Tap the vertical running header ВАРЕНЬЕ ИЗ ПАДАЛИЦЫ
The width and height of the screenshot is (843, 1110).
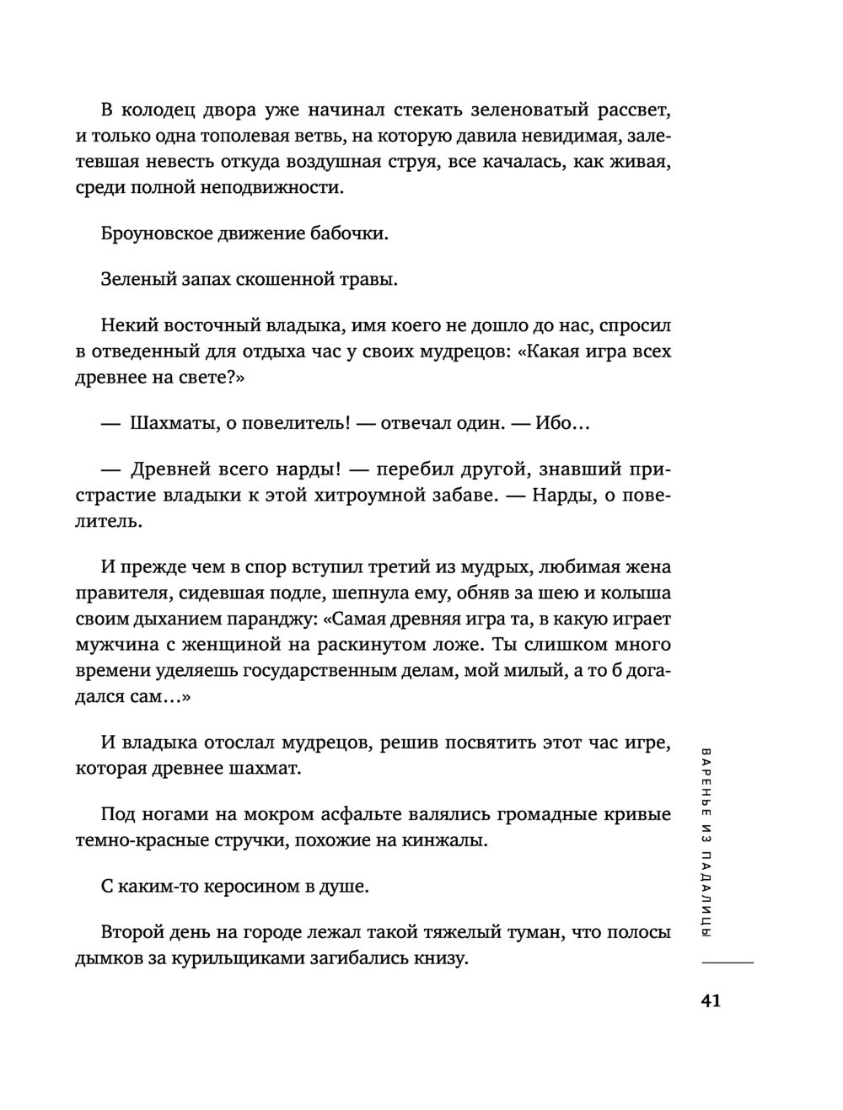coord(706,842)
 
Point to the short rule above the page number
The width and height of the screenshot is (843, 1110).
coord(728,963)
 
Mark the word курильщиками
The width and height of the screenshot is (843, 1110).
coord(287,958)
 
